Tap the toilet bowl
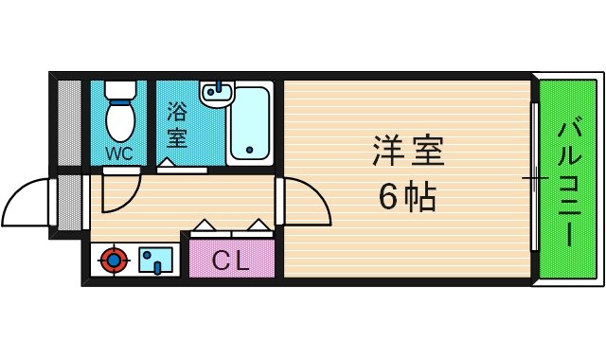click(x=120, y=121)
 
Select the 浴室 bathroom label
click(x=176, y=124)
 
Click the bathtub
click(x=250, y=123)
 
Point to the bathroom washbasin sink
click(x=217, y=94)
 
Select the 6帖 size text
click(x=407, y=197)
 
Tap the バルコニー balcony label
click(x=568, y=183)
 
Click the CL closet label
click(x=231, y=260)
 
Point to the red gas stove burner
click(x=115, y=259)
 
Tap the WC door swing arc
click(x=119, y=189)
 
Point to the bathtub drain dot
click(x=249, y=150)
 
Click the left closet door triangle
click(x=204, y=226)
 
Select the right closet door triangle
click(x=258, y=225)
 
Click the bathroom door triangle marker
click(x=167, y=163)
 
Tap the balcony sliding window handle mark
click(x=535, y=177)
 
